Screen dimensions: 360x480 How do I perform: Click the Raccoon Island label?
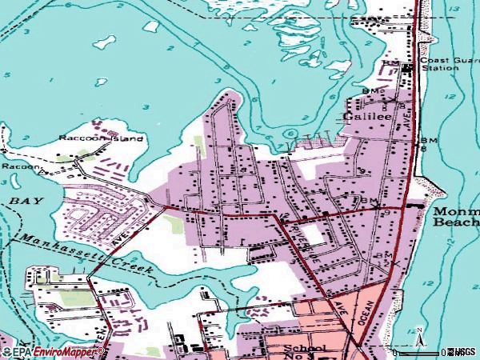click(101, 138)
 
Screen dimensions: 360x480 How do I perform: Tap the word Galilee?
click(367, 116)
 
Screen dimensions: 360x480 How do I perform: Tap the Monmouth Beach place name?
click(455, 217)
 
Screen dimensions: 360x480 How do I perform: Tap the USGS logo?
click(462, 352)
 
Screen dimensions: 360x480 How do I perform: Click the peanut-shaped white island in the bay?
click(151, 26)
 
